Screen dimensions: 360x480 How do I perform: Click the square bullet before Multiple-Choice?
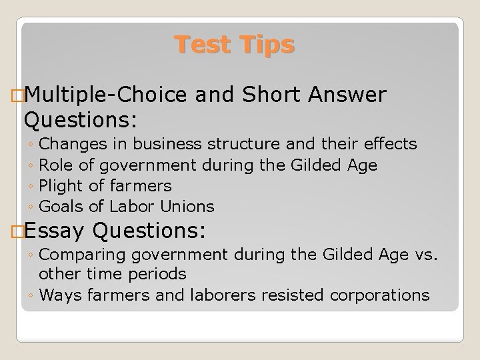[x=17, y=97]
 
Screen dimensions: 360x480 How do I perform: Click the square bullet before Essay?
[x=17, y=231]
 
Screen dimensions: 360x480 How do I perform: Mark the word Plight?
[x=61, y=185]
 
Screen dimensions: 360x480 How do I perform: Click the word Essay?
[x=56, y=231]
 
